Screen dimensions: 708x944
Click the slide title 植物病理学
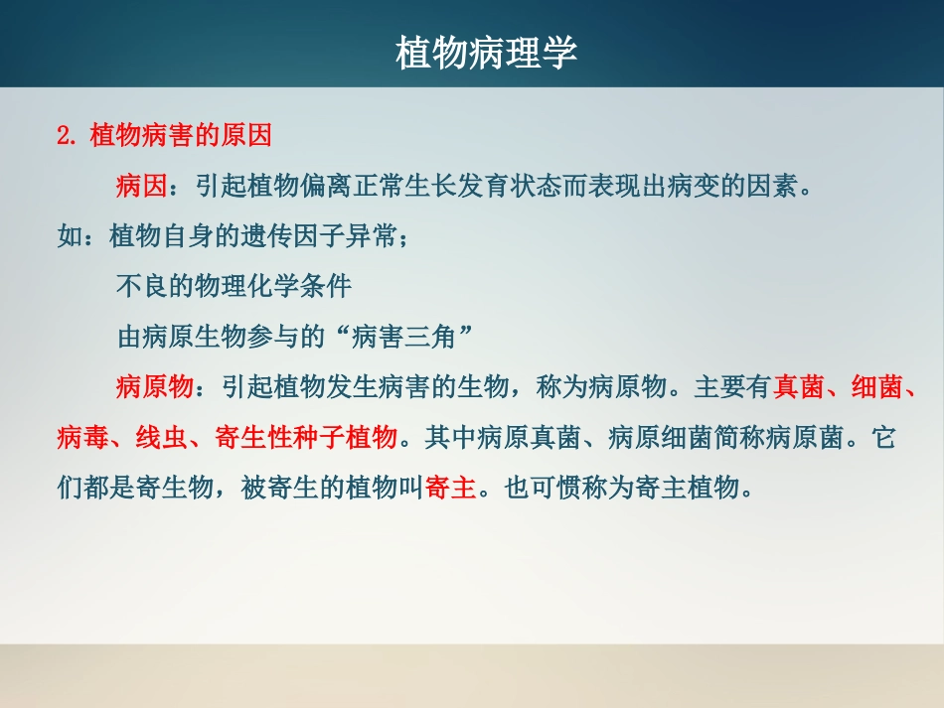pos(486,54)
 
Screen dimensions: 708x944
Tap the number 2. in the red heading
pos(68,135)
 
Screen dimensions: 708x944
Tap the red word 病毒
pos(82,438)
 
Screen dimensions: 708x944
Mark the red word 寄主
pos(450,489)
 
